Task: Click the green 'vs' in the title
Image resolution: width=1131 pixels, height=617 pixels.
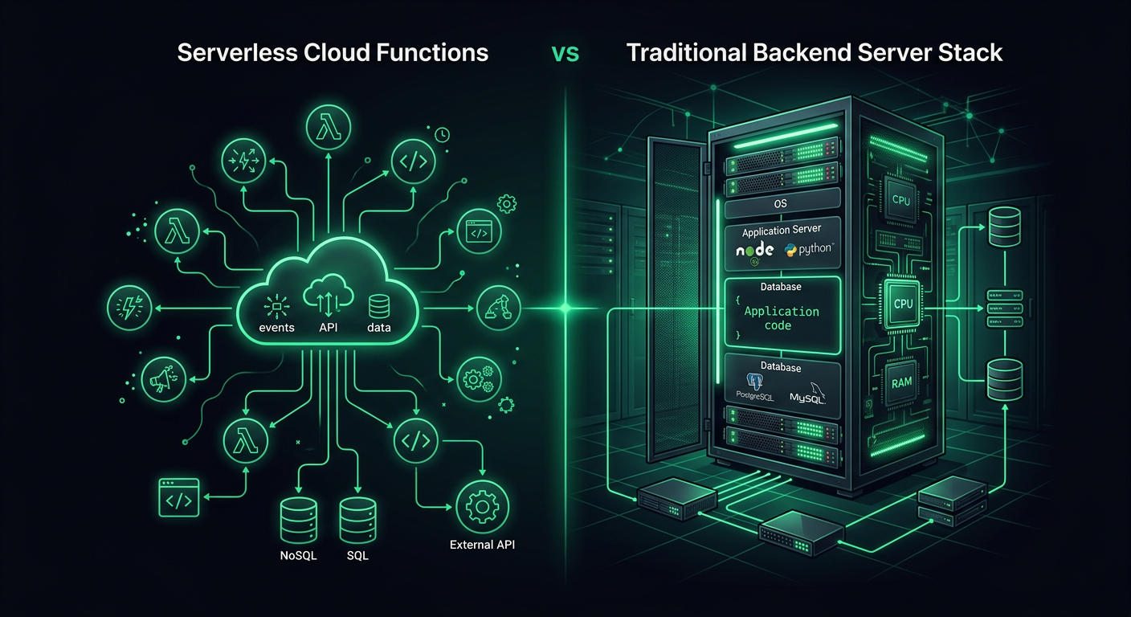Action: point(565,53)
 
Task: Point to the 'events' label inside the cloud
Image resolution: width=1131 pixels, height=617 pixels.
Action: point(277,327)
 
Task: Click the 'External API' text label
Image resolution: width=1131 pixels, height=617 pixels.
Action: point(482,545)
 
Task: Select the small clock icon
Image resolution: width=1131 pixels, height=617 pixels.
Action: point(442,136)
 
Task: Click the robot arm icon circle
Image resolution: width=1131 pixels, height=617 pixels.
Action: point(499,308)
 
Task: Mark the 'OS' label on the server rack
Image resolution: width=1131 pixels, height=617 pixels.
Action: point(780,204)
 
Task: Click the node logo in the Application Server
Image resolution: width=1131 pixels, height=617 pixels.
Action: point(755,251)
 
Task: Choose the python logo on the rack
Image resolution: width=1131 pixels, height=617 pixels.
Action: point(809,250)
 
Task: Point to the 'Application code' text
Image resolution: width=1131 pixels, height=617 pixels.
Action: point(782,318)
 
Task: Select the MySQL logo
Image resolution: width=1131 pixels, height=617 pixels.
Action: point(808,394)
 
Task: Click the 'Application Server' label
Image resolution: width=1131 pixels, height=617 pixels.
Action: point(781,231)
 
